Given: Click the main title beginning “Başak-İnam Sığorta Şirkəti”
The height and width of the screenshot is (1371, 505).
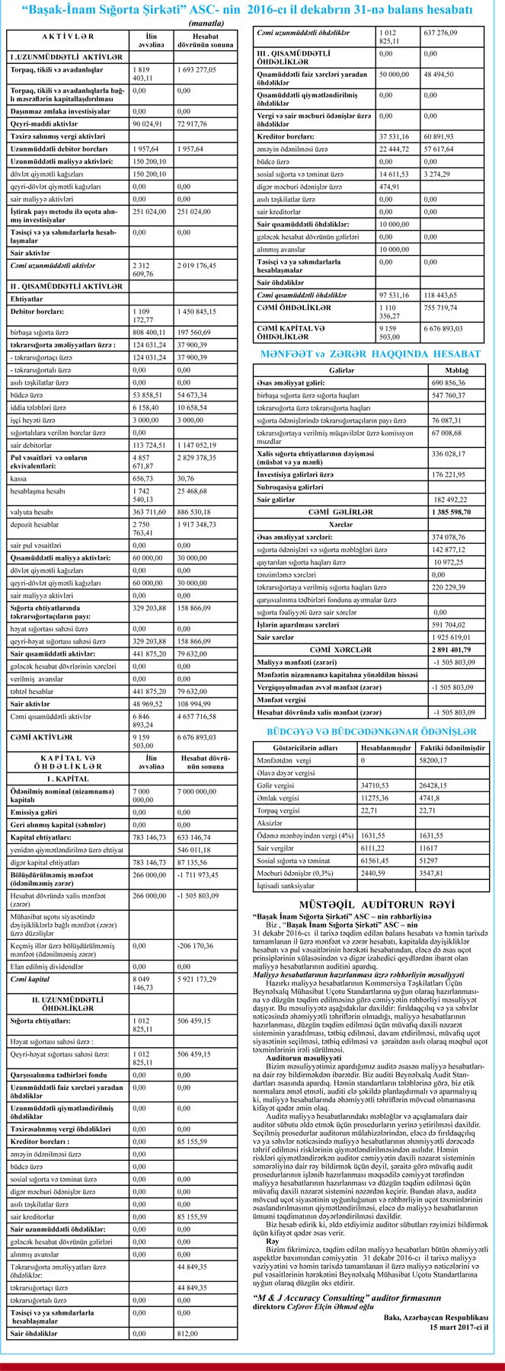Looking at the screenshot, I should [251, 10].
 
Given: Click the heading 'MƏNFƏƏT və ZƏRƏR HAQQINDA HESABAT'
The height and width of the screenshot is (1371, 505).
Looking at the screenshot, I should [370, 354].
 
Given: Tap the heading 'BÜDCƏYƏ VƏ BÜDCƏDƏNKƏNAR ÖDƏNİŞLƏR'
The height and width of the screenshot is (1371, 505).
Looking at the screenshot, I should [371, 731].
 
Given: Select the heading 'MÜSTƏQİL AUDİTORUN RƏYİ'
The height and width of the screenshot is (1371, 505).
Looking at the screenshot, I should [371, 903].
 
